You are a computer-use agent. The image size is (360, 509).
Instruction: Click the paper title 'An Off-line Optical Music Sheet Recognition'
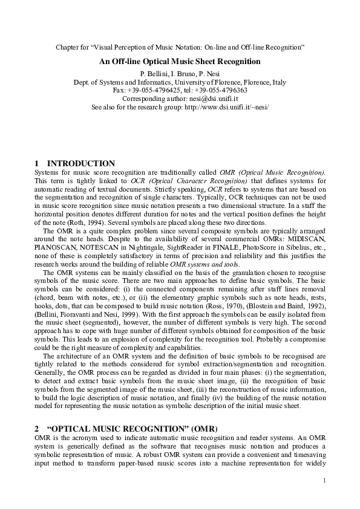click(x=180, y=61)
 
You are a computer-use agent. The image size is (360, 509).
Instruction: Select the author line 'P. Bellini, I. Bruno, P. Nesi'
click(x=180, y=73)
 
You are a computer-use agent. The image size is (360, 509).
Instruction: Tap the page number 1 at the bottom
click(x=324, y=481)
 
